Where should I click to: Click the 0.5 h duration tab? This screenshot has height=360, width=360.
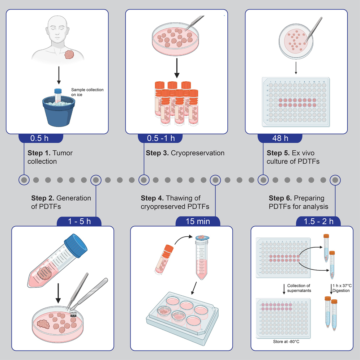tap(41, 138)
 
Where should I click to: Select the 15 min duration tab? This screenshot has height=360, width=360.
tap(198, 221)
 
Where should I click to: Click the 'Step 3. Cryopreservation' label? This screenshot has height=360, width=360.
tap(185, 153)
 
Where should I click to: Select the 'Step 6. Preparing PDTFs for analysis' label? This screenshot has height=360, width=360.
tap(299, 202)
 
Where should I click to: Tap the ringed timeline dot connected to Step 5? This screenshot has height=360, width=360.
tap(263, 180)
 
